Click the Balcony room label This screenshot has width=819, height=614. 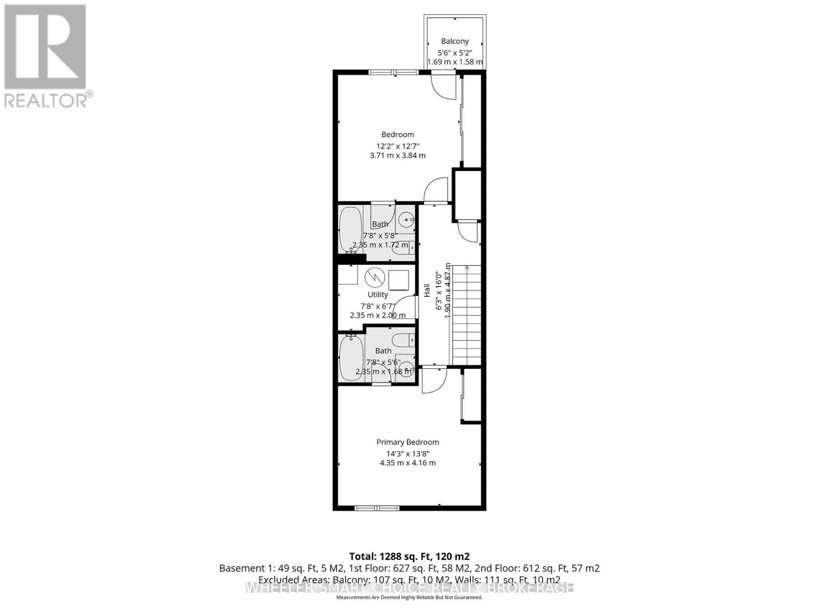(455, 41)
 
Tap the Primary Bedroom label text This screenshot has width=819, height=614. (407, 442)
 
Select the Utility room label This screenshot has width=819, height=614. (378, 295)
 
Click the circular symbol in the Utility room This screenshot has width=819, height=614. (375, 277)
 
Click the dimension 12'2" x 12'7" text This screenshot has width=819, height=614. (398, 146)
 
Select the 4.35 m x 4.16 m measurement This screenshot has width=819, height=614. (407, 463)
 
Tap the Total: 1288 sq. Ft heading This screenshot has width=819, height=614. (409, 556)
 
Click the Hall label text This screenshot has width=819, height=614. (427, 291)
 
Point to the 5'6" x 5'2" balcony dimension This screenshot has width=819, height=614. (455, 53)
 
